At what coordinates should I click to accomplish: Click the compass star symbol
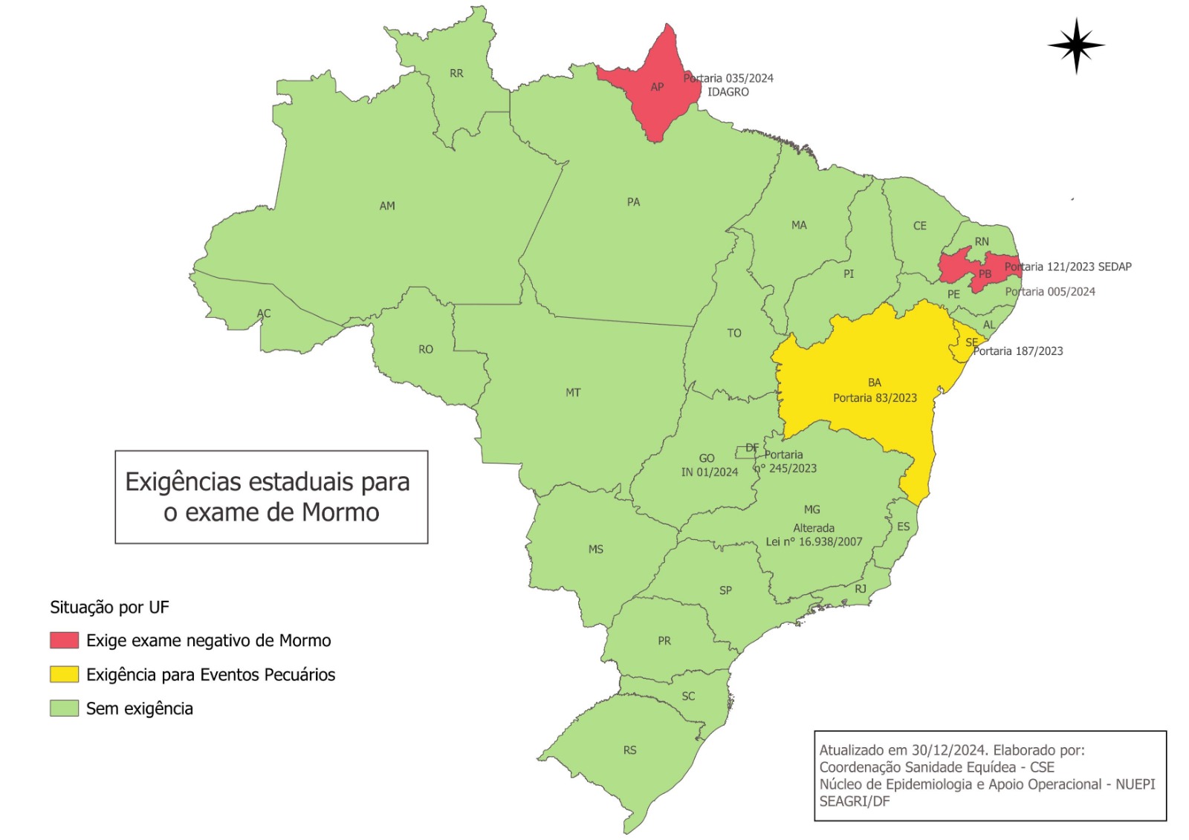(1076, 45)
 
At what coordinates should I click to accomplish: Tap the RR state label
(456, 74)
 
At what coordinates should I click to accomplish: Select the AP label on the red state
(657, 87)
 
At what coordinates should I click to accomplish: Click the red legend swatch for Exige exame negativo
(65, 640)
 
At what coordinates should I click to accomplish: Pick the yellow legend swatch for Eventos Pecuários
(65, 674)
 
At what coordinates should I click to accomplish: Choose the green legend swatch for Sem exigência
(65, 709)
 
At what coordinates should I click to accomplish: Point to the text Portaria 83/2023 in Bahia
(875, 398)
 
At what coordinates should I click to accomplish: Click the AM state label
(387, 206)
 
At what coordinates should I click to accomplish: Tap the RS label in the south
(629, 750)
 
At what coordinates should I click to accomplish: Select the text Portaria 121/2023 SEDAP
(1068, 267)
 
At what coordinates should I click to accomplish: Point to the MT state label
(573, 392)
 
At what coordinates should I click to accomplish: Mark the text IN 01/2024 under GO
(710, 472)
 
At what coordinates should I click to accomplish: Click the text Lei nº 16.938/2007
(814, 541)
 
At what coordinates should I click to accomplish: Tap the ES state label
(903, 527)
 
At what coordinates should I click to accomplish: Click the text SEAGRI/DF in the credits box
(854, 801)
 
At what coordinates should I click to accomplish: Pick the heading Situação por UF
(109, 608)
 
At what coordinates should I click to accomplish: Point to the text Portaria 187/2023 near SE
(1018, 351)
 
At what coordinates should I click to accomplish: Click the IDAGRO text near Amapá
(728, 92)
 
